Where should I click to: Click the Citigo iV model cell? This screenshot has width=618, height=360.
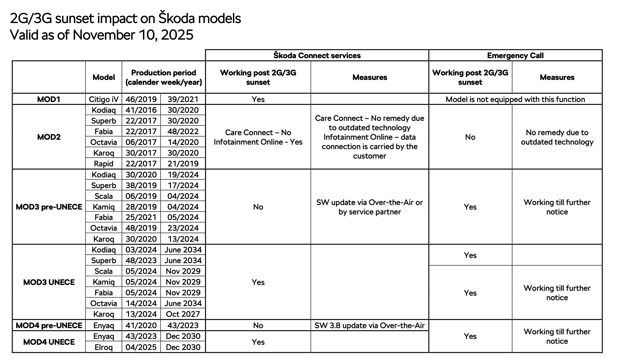click(104, 99)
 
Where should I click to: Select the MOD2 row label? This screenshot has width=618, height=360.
click(49, 137)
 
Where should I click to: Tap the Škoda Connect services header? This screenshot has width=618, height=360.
click(317, 55)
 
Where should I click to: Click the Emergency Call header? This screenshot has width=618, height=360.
click(515, 55)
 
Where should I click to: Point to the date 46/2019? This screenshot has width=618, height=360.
click(141, 99)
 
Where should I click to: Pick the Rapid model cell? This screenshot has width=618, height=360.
click(104, 163)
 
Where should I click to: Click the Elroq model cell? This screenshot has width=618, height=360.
click(104, 347)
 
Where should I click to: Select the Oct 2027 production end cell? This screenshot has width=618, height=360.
click(183, 314)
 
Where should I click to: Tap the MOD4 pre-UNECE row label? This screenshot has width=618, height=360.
click(49, 325)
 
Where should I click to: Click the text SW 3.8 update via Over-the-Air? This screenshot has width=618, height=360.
click(369, 325)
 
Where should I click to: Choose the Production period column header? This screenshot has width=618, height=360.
click(163, 77)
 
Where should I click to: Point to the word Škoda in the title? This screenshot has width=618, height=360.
click(176, 19)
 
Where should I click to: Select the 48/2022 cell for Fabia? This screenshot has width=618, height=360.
click(183, 131)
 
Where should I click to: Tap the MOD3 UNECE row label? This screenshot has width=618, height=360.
click(49, 282)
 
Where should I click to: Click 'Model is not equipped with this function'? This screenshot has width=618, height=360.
click(515, 99)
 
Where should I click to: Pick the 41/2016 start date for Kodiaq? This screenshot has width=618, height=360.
click(141, 110)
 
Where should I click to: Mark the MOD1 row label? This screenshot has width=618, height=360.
click(49, 99)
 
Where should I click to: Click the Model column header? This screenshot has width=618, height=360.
click(104, 77)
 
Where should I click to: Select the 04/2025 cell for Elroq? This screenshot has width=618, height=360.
click(141, 347)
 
